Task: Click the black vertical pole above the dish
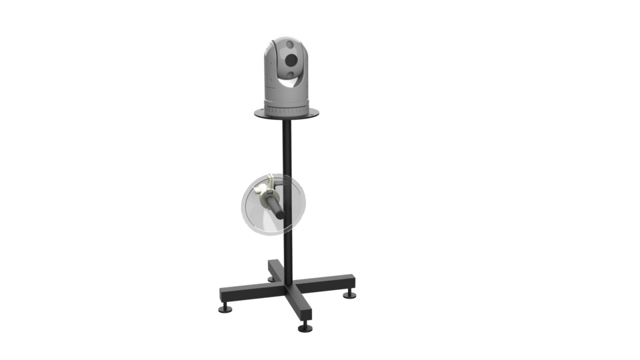pos(287,150)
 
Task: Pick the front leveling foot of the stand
pos(306,327)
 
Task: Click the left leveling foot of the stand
pos(225,307)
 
